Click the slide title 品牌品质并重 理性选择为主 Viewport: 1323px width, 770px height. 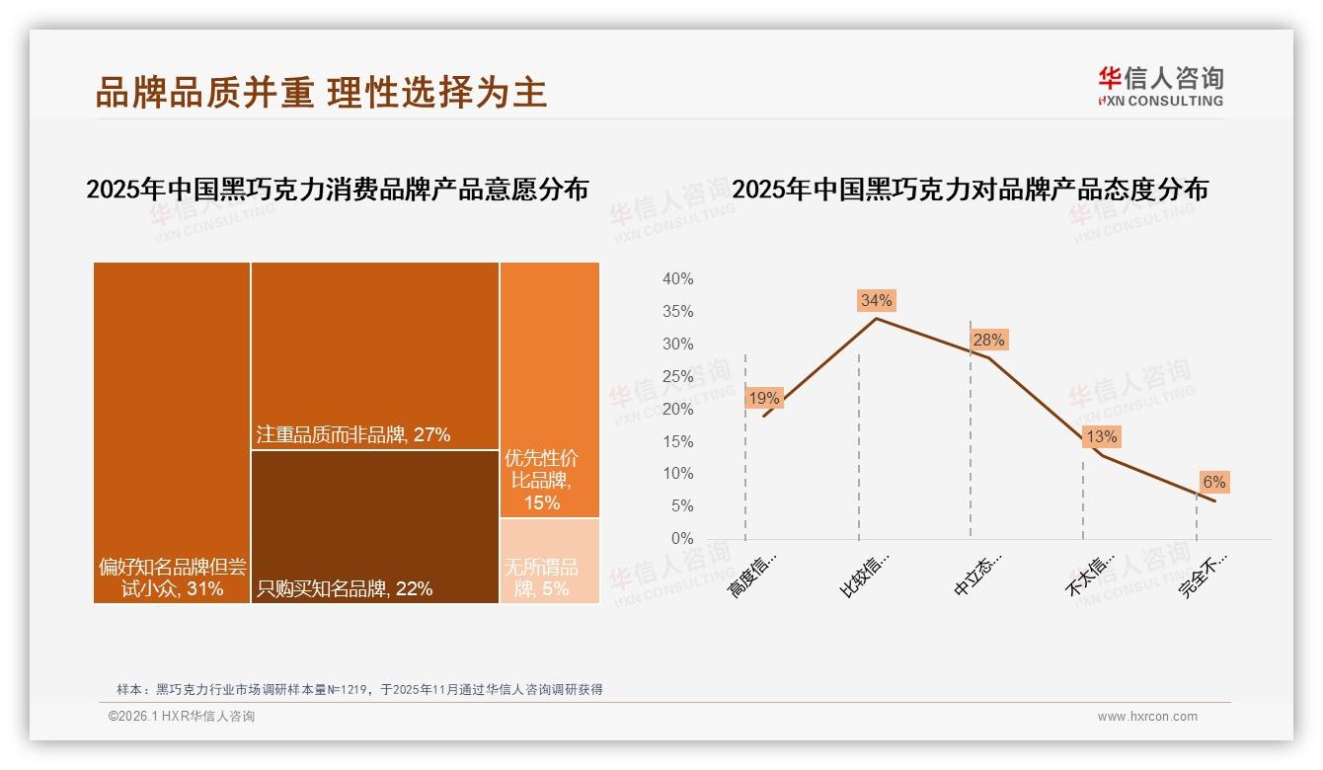(x=321, y=92)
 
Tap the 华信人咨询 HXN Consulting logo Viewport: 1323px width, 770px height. (x=1160, y=86)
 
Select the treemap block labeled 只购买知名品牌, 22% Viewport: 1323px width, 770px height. (x=375, y=526)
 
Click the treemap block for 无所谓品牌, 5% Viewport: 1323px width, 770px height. (x=550, y=561)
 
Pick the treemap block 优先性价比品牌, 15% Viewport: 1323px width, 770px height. (x=550, y=390)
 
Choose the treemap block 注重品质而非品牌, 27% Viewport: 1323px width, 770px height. (x=375, y=355)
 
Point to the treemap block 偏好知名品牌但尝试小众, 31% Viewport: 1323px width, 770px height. (x=172, y=432)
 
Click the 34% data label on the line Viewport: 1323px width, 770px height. (x=876, y=300)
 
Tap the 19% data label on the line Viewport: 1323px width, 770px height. (x=764, y=398)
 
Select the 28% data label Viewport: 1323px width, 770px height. (x=988, y=340)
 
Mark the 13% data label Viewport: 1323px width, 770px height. (x=1101, y=436)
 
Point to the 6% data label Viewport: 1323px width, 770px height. (x=1213, y=482)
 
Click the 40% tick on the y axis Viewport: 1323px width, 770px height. (x=677, y=279)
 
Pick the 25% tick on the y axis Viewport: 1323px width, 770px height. (x=677, y=376)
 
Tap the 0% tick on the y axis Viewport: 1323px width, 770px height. (x=682, y=539)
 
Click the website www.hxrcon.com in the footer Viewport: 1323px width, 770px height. (x=1147, y=717)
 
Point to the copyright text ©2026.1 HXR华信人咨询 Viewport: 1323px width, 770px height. (x=182, y=717)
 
